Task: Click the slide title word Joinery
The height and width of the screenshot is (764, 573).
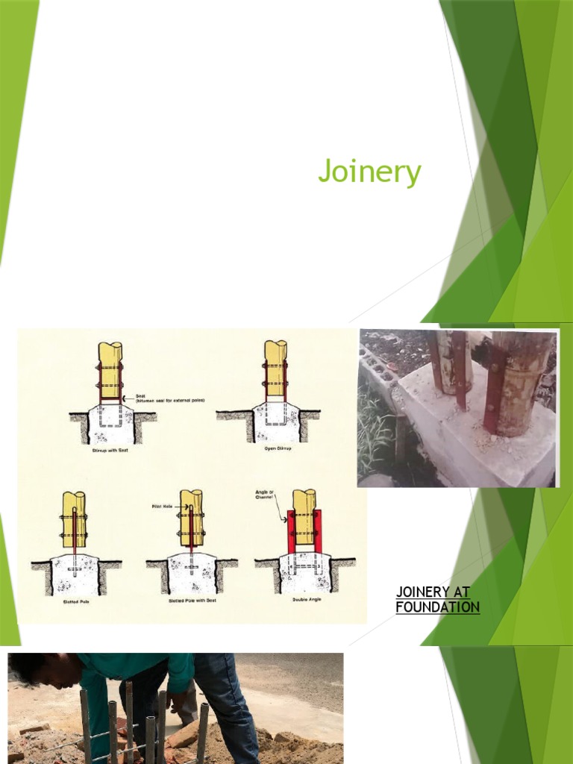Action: pyautogui.click(x=369, y=172)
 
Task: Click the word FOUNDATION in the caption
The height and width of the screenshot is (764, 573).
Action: pyautogui.click(x=437, y=607)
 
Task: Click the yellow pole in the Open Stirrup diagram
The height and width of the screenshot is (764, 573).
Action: pyautogui.click(x=275, y=369)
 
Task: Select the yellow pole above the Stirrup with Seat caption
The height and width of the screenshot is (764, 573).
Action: pyautogui.click(x=110, y=369)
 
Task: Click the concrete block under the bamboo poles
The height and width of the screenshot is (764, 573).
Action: pyautogui.click(x=477, y=440)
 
